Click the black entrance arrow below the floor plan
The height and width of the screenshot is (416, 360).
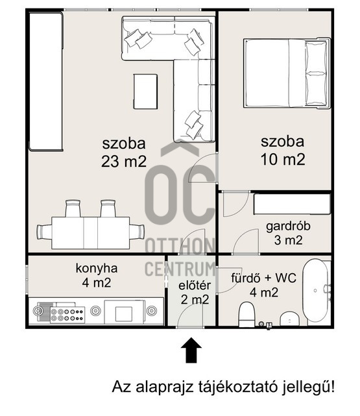[x=191, y=351]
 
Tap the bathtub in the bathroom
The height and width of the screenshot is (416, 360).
[x=317, y=292]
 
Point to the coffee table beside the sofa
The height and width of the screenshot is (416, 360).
[x=145, y=92]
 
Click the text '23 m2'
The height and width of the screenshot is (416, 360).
[x=123, y=160]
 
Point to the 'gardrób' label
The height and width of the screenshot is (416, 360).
[x=288, y=226]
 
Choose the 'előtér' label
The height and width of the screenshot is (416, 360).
[x=194, y=284]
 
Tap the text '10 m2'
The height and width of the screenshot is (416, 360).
[x=283, y=159]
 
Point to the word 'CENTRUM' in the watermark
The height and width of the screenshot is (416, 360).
[x=180, y=268]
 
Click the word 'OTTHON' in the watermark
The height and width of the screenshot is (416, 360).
[x=180, y=247]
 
